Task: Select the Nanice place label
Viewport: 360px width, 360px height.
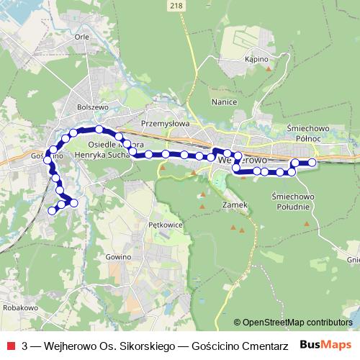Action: (225, 102)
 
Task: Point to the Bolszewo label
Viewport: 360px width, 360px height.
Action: (91, 107)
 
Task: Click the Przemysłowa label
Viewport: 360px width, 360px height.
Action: (165, 123)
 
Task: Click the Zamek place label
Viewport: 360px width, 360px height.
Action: (235, 204)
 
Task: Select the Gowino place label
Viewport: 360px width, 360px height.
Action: (117, 256)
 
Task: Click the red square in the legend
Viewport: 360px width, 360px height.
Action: (11, 345)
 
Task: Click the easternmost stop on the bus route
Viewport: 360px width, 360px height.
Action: (312, 163)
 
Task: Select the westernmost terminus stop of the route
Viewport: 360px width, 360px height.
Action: (51, 211)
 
